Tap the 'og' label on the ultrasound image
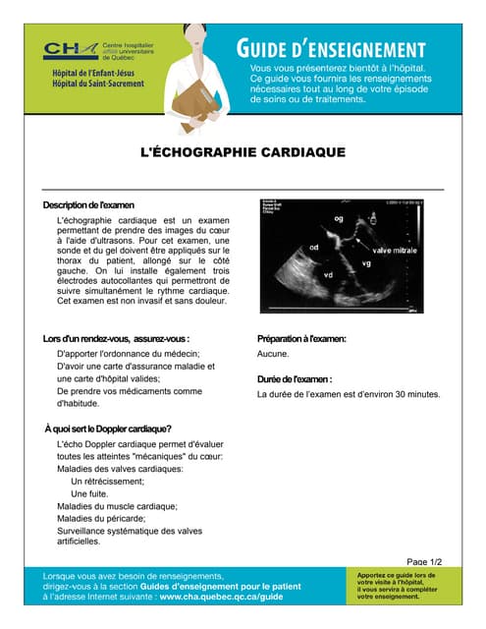[x=340, y=218]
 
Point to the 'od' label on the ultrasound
[x=314, y=248]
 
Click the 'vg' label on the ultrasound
[x=366, y=263]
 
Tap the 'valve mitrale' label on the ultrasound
[x=395, y=252]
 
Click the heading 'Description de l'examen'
[x=87, y=203]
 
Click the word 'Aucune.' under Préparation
[x=273, y=354]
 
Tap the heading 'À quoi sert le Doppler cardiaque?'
[x=108, y=429]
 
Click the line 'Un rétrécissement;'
[x=111, y=482]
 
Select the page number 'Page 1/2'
[x=424, y=560]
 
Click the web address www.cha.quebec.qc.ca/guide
[x=222, y=597]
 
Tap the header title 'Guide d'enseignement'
[x=330, y=49]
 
